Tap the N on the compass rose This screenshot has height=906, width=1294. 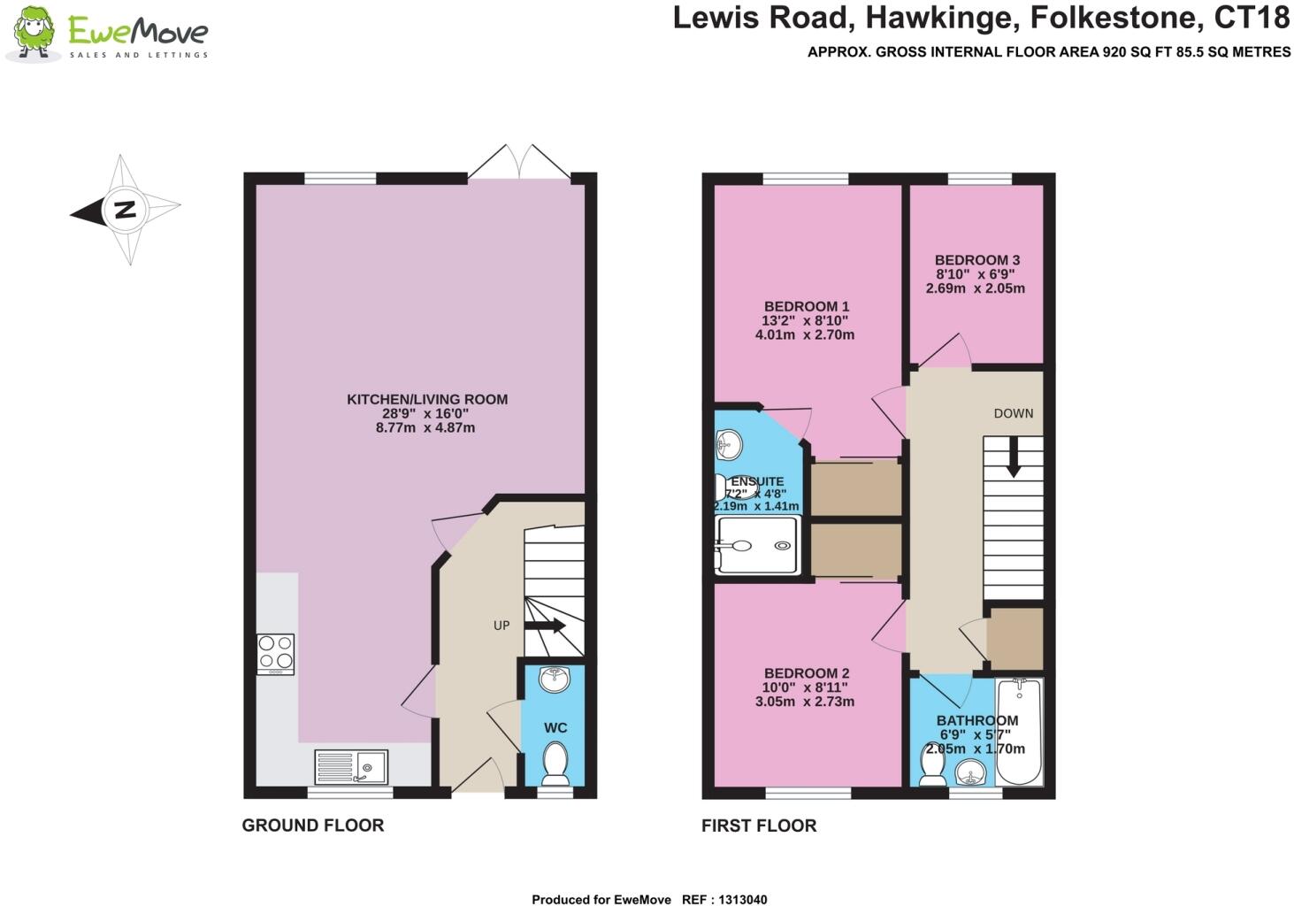click(125, 210)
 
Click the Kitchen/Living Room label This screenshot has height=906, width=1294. click(427, 400)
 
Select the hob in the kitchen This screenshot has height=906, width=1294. click(275, 654)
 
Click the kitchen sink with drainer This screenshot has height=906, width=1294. click(351, 766)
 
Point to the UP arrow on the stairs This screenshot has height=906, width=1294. click(545, 626)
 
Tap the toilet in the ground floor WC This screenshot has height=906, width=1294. click(555, 764)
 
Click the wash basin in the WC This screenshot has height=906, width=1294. click(555, 679)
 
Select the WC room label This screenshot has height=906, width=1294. click(555, 727)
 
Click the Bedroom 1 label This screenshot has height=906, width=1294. click(807, 306)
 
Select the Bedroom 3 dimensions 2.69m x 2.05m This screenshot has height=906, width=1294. click(976, 288)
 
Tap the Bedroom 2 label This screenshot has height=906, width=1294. click(807, 673)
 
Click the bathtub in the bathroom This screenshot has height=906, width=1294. click(1020, 732)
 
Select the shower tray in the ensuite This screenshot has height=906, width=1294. click(757, 544)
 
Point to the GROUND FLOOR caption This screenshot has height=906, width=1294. click(313, 825)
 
